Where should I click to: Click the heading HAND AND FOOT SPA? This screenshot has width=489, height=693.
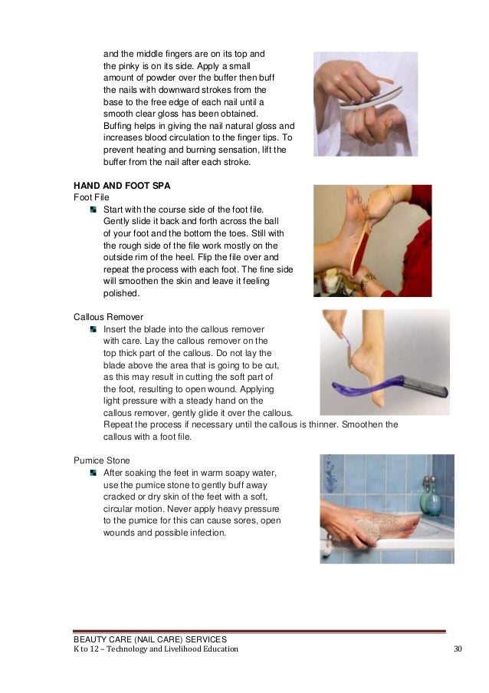(x=122, y=186)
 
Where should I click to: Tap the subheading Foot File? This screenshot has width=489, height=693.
(x=91, y=197)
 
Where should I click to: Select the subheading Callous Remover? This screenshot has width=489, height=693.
(x=109, y=317)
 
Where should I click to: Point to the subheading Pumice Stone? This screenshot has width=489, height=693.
(x=101, y=460)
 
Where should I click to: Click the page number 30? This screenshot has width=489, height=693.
(x=458, y=648)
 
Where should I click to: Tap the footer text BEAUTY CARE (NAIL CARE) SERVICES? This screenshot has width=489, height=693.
(x=150, y=639)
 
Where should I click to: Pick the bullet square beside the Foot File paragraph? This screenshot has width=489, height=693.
(x=93, y=210)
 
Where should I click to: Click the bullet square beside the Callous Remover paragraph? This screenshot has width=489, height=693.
(x=93, y=329)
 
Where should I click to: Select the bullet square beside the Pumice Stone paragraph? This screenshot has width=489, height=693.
(x=93, y=473)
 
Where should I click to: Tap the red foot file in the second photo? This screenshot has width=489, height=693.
(x=360, y=247)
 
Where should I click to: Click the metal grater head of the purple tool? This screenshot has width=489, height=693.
(x=426, y=385)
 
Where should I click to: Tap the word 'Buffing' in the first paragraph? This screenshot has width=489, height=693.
(x=117, y=126)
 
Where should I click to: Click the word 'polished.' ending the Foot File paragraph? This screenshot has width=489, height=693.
(x=121, y=293)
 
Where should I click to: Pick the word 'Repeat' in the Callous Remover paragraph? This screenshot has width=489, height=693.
(x=118, y=424)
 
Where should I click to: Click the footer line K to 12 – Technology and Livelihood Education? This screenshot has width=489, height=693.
(x=156, y=648)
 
